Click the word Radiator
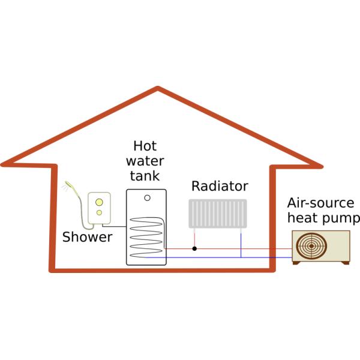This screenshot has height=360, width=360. tap(220, 186)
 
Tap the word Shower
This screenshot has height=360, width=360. tap(87, 238)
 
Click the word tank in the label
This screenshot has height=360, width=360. tap(146, 176)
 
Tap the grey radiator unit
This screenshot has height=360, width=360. tap(218, 214)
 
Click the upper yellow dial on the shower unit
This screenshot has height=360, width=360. tap(100, 202)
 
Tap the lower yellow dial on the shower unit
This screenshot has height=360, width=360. tap(100, 212)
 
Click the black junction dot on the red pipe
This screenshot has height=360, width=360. tap(194, 248)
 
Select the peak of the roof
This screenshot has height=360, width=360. tap(158, 91)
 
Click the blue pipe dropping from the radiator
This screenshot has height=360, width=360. tap(241, 242)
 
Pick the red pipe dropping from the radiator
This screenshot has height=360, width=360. tap(194, 238)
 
